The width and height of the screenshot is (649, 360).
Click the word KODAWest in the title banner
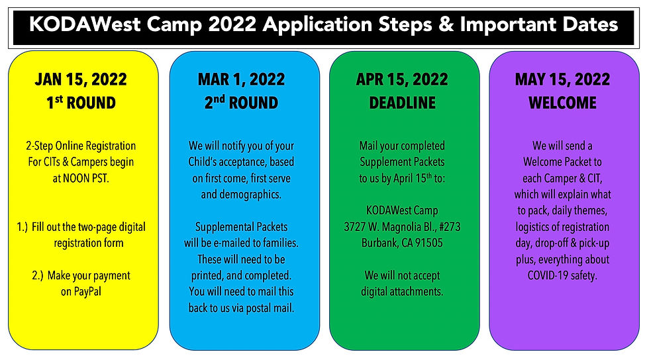click(85, 24)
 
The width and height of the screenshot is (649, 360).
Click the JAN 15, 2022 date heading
click(81, 79)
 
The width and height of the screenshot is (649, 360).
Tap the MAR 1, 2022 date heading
click(241, 79)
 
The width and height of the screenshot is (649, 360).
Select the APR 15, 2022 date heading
click(402, 79)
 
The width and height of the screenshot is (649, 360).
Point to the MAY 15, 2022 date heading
click(562, 79)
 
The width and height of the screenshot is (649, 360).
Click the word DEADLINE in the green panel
click(403, 103)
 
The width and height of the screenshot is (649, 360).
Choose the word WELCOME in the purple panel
click(562, 103)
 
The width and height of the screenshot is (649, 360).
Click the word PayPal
click(87, 292)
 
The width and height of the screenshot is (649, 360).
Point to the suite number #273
click(450, 227)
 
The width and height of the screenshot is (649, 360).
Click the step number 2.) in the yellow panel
click(38, 275)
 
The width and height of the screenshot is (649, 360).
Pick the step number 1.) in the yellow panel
click(23, 227)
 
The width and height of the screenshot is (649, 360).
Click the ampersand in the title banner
click(446, 24)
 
